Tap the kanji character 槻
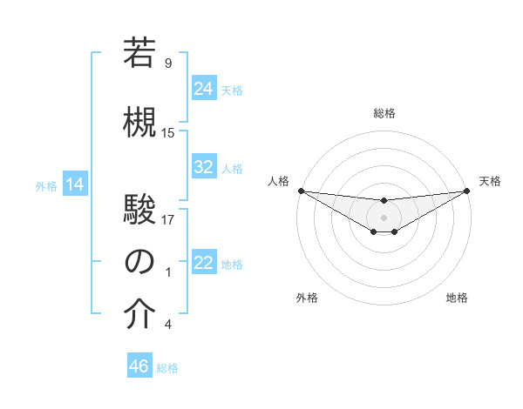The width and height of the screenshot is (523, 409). click(140, 123)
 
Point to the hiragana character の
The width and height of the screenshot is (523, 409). click(140, 263)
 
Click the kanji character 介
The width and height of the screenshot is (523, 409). click(140, 316)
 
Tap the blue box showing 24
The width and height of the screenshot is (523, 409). click(204, 89)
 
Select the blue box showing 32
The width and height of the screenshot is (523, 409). click(204, 167)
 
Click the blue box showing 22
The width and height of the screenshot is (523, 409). click(204, 263)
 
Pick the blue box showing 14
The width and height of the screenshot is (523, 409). click(75, 184)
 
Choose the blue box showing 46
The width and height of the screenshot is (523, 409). click(139, 366)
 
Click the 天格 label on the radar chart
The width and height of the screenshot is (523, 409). click(490, 181)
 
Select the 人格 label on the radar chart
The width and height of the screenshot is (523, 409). click(278, 181)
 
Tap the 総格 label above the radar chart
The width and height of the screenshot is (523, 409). click(384, 113)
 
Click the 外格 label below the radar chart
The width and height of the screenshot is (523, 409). click(307, 298)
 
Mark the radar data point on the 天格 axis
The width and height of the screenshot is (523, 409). click(466, 190)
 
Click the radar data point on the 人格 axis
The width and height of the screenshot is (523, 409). click(301, 190)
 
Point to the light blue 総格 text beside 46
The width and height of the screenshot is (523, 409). click(167, 368)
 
